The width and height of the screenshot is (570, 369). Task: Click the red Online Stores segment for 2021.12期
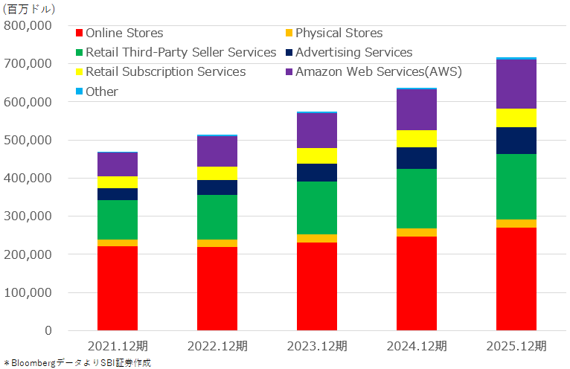[118, 288]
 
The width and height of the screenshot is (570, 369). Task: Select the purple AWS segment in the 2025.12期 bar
[516, 84]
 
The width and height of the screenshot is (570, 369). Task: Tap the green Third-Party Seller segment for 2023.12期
[317, 208]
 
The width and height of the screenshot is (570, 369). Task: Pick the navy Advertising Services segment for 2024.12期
[417, 158]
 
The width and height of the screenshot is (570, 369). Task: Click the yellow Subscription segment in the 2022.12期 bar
[217, 173]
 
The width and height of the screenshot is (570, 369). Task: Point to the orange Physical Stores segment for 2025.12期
[516, 223]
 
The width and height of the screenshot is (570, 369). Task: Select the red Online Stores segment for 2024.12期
[417, 283]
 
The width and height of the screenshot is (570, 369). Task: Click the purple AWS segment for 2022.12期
[217, 152]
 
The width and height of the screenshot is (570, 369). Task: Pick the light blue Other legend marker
[79, 92]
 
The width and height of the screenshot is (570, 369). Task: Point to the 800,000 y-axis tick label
[28, 25]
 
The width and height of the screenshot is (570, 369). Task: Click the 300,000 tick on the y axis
[28, 216]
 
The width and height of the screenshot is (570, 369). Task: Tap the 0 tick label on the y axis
[48, 330]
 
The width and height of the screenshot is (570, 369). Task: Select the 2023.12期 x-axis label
[317, 346]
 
